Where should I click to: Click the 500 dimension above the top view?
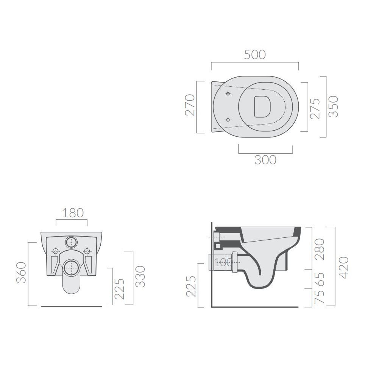point(255,55)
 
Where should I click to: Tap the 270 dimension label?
point(190,105)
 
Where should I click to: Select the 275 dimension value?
point(315,109)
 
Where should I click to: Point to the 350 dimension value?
point(333,106)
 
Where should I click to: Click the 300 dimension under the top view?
point(265,160)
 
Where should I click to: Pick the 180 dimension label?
point(73,213)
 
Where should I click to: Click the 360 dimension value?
point(21,273)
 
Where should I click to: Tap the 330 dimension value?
point(140,276)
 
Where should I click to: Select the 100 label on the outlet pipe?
point(223,262)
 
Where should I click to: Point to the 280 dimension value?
point(320,249)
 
